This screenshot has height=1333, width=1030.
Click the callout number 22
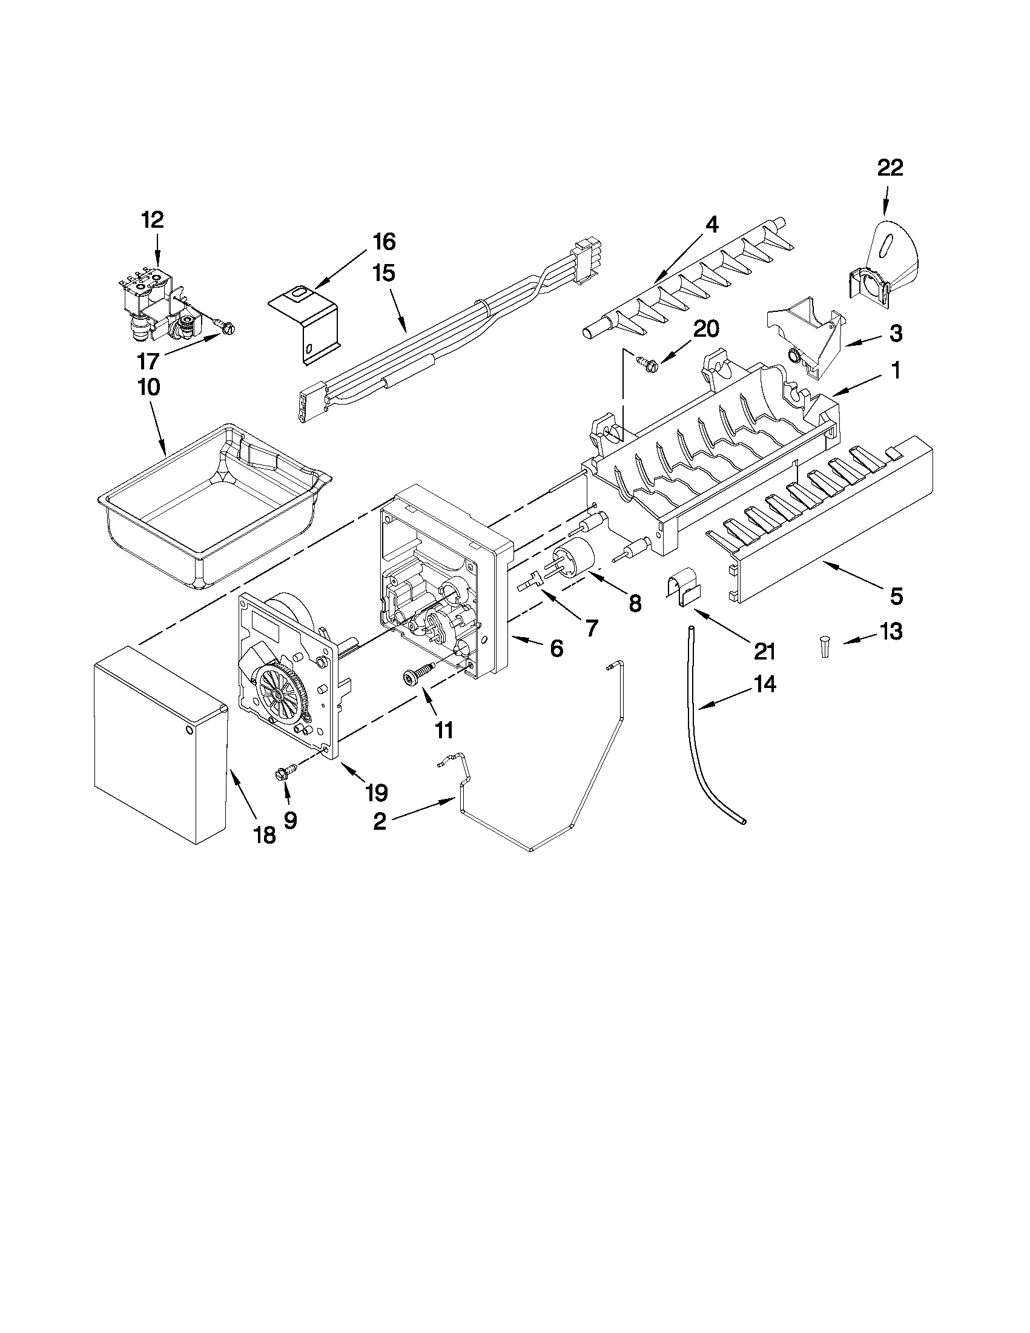pos(890,168)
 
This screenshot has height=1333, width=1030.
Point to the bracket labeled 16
pos(305,323)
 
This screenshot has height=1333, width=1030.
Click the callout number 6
pos(556,648)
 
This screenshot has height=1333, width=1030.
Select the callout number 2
pos(379,821)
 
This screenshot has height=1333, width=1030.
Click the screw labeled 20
pos(645,365)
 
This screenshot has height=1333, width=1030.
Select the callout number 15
pos(384,273)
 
